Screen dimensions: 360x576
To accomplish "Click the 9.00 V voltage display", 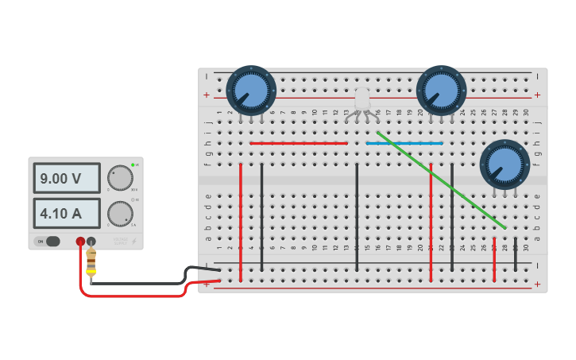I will coord(67,178).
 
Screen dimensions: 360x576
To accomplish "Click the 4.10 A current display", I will coord(67,213).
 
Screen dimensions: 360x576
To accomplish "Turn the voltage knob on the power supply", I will coord(120,177).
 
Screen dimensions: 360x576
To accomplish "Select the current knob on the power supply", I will coord(120,213).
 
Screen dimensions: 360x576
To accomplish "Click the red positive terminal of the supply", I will coord(80,242).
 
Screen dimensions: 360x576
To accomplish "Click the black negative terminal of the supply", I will coord(91,242).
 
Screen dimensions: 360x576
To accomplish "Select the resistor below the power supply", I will coord(91,261).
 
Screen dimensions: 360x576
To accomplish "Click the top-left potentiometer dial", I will coord(250,90).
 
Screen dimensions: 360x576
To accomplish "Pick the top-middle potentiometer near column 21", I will coord(441,90).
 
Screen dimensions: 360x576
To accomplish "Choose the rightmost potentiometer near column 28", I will coord(504,165).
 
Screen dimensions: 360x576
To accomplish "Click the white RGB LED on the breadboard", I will coord(362,100).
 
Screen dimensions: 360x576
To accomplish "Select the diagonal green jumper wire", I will coord(441,180).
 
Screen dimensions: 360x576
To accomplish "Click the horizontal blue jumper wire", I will coord(404,143).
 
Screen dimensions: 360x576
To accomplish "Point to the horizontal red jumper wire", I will coord(299,143).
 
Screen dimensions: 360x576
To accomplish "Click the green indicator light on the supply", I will coord(133,165).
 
